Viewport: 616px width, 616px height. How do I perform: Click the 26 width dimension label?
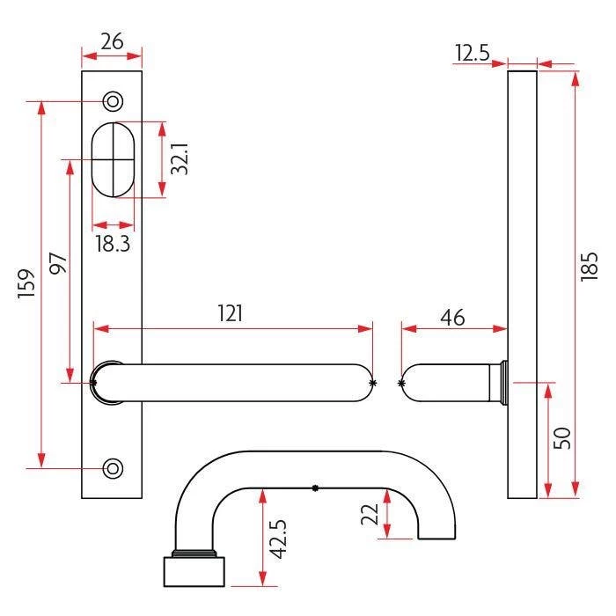[111, 41]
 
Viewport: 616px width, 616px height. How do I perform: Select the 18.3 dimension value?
[112, 244]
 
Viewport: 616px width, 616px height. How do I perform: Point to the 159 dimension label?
[26, 284]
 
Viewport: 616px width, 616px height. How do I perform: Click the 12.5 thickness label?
[473, 54]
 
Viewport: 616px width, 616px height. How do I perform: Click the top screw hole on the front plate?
[113, 101]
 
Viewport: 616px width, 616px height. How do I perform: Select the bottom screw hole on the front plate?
[113, 468]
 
